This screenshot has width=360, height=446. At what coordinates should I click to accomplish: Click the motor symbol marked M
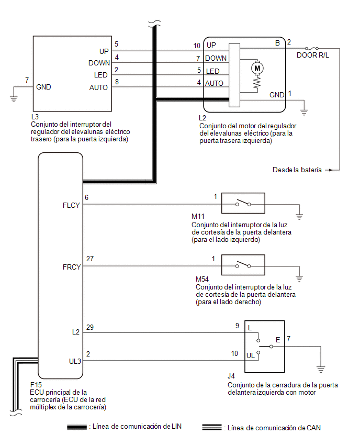[x=257, y=68]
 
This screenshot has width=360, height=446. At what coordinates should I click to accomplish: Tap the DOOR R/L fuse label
[x=313, y=55]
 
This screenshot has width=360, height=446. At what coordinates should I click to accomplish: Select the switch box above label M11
[x=243, y=203]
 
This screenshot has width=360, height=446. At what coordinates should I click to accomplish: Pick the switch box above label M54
[x=243, y=265]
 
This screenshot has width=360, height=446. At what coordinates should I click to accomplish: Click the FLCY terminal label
[x=71, y=205]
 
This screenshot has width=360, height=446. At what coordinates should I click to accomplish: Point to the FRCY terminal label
[x=72, y=267]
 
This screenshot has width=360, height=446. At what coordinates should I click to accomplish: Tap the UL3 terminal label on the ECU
[x=75, y=361]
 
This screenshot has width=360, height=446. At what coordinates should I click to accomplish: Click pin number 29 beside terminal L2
[x=90, y=327]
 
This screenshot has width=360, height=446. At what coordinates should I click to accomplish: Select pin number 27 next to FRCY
[x=90, y=259]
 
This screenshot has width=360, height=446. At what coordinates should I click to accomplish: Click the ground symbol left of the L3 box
[x=14, y=98]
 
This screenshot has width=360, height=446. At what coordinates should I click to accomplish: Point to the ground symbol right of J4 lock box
[x=320, y=369]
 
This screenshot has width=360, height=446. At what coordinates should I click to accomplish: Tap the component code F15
[x=36, y=385]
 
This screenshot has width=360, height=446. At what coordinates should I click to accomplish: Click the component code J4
[x=231, y=376]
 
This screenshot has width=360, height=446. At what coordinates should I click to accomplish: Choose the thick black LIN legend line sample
[x=77, y=427]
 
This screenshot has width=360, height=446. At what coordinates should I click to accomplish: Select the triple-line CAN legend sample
[x=212, y=427]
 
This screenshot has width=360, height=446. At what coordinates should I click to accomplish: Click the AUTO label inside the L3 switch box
[x=98, y=87]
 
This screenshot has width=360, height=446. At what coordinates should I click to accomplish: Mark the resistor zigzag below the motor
[x=257, y=83]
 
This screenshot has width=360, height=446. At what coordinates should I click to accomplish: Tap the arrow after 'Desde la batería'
[x=329, y=170]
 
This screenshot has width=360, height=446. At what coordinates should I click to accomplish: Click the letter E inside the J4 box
[x=278, y=340]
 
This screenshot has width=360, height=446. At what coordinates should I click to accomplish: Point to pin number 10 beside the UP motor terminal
[x=197, y=46]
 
